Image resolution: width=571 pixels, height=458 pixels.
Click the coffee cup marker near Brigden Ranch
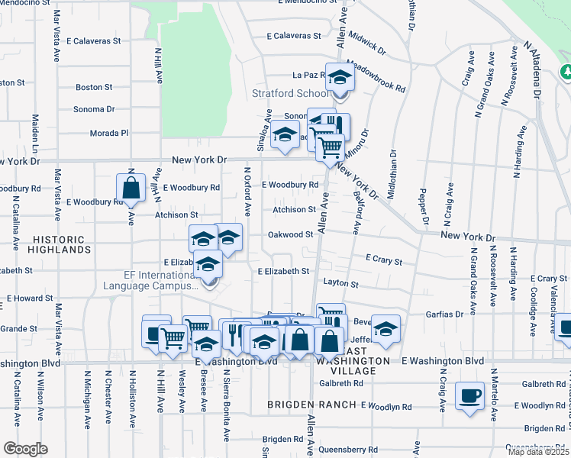(x=469, y=395)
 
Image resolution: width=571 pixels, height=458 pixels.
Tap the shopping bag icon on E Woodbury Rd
(x=131, y=188)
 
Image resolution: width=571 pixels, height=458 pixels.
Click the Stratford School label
(x=291, y=94)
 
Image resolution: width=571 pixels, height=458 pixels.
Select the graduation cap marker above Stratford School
(x=340, y=77)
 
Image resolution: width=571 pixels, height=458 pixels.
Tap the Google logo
(x=25, y=449)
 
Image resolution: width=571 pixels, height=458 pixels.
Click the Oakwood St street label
(x=290, y=234)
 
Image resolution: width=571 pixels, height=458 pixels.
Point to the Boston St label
(x=94, y=88)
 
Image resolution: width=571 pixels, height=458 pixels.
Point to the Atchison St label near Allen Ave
(x=294, y=209)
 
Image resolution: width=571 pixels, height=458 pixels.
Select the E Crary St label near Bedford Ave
(x=384, y=260)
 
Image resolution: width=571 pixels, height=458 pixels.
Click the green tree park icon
(x=566, y=73)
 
